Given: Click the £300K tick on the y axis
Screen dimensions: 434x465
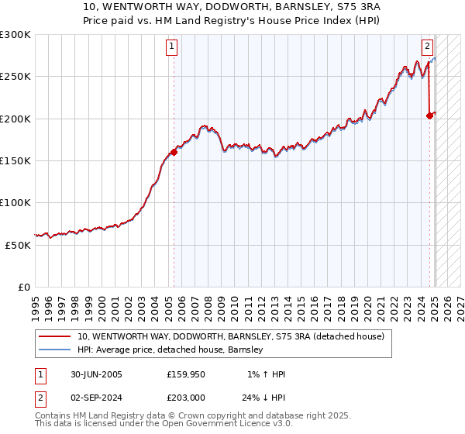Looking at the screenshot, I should pos(15,35).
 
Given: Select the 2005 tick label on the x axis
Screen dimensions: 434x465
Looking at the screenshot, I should pos(168,302).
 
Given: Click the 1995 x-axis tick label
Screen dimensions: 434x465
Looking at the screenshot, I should pos(36,302).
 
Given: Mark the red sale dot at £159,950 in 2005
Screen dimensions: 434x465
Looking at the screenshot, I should pos(174,153).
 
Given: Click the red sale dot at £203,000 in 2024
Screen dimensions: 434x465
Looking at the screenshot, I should pos(429,116).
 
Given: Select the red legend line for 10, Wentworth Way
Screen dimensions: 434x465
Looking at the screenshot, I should pos(54,336).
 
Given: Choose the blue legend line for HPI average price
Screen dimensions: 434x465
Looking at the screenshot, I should pos(54,350).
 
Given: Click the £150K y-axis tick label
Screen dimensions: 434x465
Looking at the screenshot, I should pos(15,160).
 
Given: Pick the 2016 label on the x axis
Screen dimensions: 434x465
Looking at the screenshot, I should pos(315,302).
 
